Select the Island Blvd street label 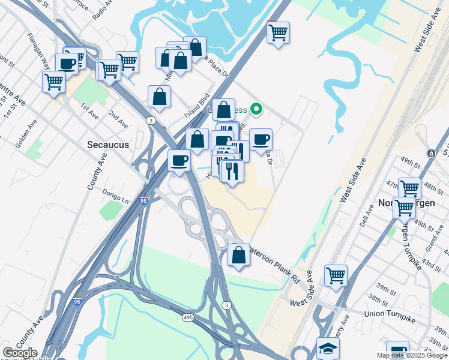point(197,105)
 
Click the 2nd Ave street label point(118,119)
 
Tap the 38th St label point(378,299)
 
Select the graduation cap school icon point(328,348)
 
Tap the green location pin point(256,109)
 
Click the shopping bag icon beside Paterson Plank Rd point(239,255)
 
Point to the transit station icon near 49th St point(431,154)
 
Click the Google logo point(19,353)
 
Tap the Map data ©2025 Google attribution point(412,355)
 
